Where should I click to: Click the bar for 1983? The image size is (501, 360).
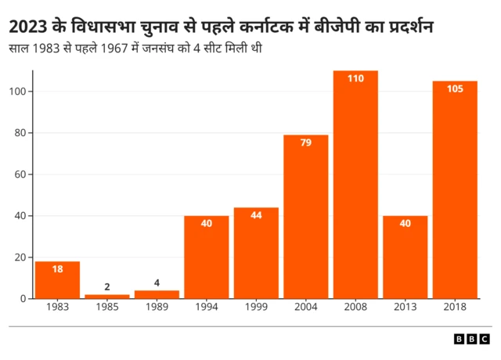click(57, 280)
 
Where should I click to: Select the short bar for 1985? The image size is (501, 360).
click(107, 296)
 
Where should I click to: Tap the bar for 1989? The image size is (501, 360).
click(157, 294)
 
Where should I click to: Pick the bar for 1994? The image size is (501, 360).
click(207, 257)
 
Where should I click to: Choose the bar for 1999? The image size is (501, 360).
click(256, 253)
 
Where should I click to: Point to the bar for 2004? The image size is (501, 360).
click(306, 217)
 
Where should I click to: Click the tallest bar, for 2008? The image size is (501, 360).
click(355, 185)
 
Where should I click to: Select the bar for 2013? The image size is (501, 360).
click(405, 257)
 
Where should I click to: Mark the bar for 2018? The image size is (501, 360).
click(455, 190)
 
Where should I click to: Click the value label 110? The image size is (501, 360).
click(355, 78)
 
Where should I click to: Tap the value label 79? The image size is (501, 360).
click(306, 142)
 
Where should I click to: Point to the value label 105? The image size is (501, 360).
click(455, 88)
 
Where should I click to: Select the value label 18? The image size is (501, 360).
click(57, 268)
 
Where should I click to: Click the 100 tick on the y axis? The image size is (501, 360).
click(20, 92)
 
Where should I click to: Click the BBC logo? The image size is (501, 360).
click(473, 339)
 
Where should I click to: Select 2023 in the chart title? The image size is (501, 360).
click(29, 28)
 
